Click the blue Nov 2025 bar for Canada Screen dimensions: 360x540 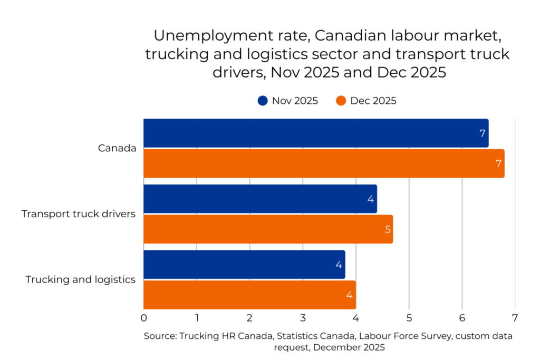[x=315, y=133]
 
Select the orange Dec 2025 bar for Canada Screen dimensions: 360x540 [x=323, y=163]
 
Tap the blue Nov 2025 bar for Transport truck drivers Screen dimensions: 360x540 [x=260, y=199]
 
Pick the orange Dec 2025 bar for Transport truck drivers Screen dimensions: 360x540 [x=268, y=229]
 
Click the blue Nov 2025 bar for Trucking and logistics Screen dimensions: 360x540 [x=244, y=265]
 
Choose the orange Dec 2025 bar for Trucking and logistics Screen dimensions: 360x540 [x=249, y=295]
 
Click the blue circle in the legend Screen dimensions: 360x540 [x=263, y=101]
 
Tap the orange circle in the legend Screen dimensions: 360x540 [x=341, y=101]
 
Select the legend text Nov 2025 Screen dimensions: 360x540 [x=295, y=101]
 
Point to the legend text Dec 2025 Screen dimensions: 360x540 [x=373, y=101]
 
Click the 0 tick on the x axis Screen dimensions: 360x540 [x=143, y=318]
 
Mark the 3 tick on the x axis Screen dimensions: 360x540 [x=303, y=318]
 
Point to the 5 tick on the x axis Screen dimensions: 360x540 [x=409, y=318]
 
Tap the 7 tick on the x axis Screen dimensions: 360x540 [x=515, y=318]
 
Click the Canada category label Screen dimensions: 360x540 [x=117, y=148]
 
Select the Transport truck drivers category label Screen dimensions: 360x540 [x=79, y=214]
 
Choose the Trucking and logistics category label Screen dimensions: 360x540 [x=81, y=279]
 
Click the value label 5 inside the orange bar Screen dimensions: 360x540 [x=388, y=229]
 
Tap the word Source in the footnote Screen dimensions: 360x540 [x=160, y=336]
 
